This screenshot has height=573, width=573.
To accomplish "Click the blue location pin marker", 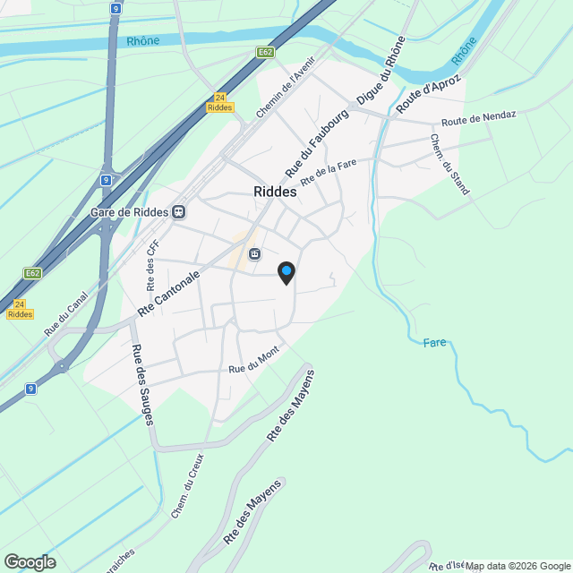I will (x=286, y=272).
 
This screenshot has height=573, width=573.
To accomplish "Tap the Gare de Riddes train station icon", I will (x=179, y=212).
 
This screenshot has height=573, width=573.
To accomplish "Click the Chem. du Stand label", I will (x=449, y=165).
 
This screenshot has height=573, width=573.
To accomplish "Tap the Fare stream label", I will (x=434, y=342).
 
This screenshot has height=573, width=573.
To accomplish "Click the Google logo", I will (x=30, y=562).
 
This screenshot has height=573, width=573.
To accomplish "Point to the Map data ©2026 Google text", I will (x=517, y=566).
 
